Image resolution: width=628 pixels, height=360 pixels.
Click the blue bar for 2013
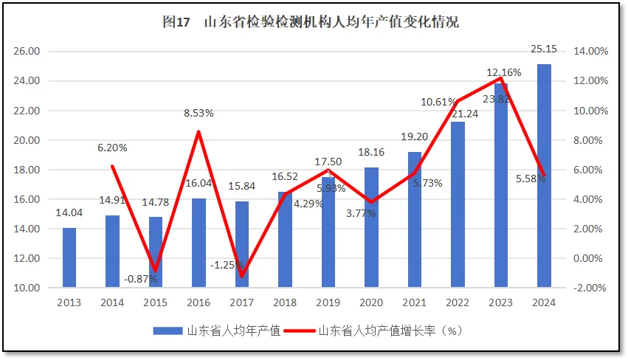[69, 257]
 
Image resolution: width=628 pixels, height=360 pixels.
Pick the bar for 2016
[199, 243]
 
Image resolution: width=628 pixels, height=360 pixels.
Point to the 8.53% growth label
[199, 113]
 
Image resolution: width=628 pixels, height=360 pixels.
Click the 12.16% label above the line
[504, 72]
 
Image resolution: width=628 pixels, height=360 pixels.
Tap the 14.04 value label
[69, 213]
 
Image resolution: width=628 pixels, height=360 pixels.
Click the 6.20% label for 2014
[112, 148]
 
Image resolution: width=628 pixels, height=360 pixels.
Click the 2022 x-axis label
[457, 302]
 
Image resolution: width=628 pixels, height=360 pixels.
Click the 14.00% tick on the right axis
[590, 52]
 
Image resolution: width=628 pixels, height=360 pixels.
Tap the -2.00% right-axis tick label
[590, 288]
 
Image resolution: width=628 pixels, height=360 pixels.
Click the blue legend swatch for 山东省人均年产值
[168, 330]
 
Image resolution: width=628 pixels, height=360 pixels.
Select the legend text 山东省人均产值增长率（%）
[390, 330]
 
